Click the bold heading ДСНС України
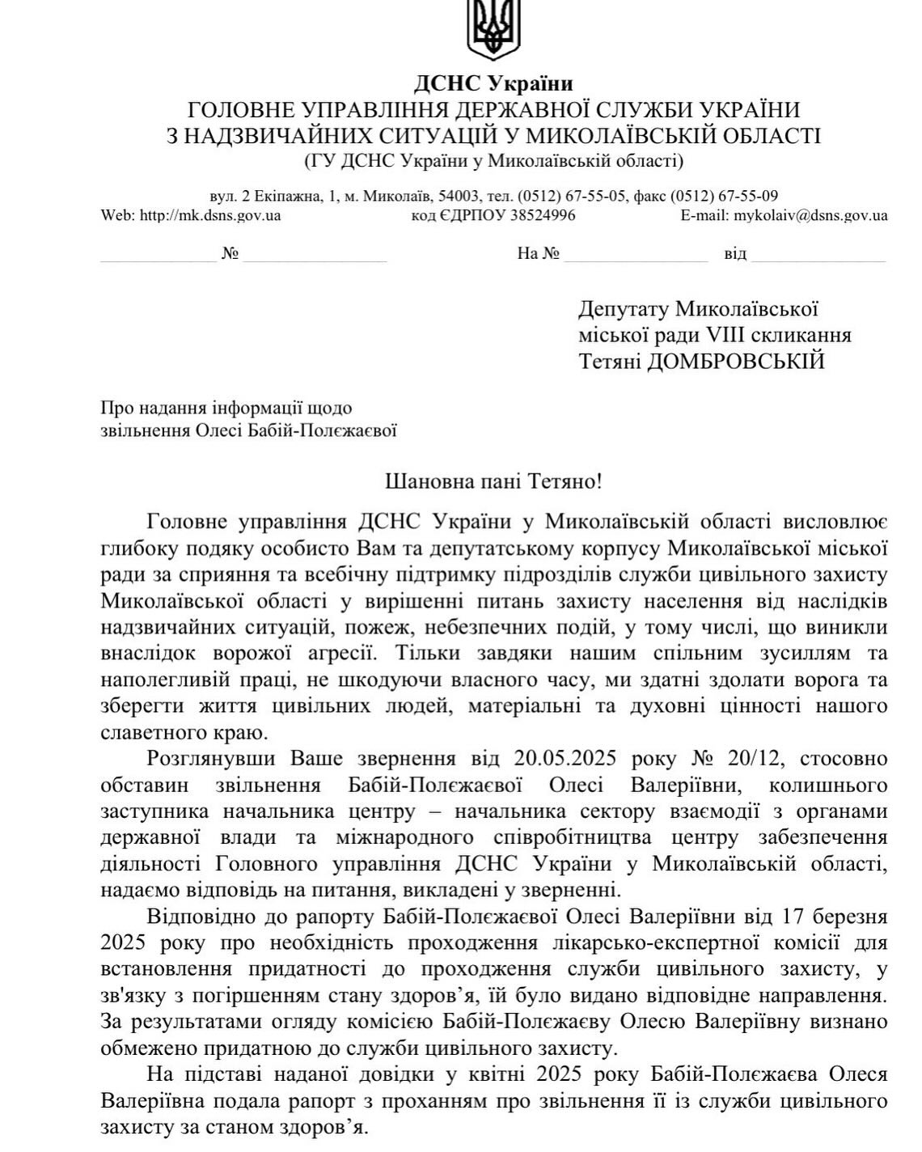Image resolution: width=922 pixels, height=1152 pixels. (493, 83)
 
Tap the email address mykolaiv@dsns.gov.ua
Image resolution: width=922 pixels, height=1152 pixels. (809, 216)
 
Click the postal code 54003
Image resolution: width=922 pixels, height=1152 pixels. (465, 196)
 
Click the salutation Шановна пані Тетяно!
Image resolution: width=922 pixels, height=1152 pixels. (493, 482)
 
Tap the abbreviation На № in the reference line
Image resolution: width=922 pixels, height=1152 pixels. (539, 254)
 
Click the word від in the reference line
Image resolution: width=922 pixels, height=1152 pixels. (735, 254)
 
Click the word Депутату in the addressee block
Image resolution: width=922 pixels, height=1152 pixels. (623, 309)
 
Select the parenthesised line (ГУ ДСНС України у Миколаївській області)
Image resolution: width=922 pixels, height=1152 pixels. (493, 161)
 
